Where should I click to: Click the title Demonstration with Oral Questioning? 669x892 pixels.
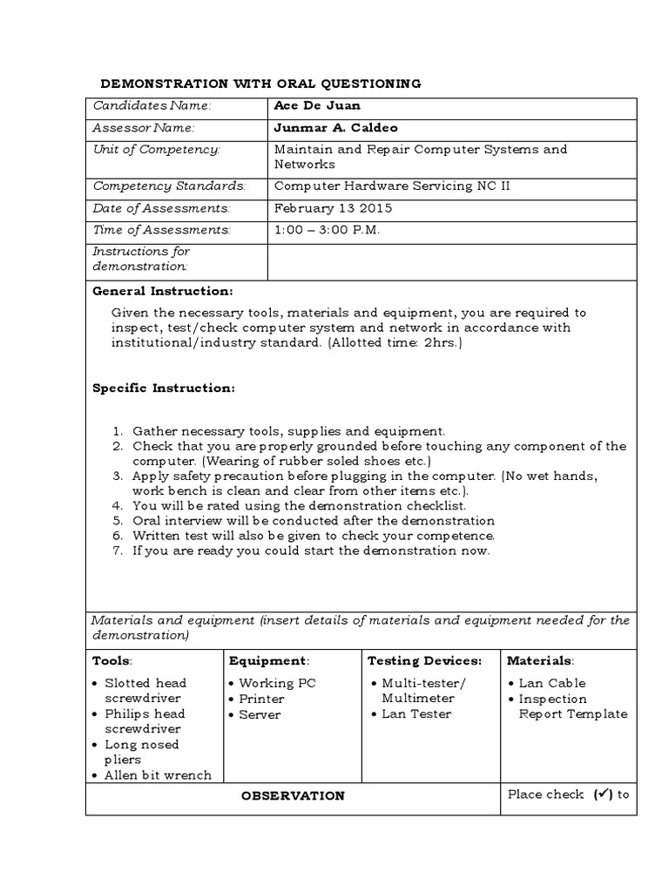(x=261, y=84)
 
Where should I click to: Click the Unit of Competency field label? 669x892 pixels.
(x=157, y=150)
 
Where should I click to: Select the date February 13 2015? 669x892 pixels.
(x=333, y=208)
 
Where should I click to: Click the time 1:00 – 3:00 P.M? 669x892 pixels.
(x=327, y=230)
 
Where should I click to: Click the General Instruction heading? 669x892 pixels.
(x=163, y=291)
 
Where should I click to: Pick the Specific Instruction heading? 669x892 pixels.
(x=164, y=389)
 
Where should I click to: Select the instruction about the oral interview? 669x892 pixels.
(x=314, y=520)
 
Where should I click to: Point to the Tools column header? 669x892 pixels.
(x=111, y=661)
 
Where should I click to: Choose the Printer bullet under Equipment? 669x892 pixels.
(x=261, y=699)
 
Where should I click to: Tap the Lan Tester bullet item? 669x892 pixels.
(x=416, y=714)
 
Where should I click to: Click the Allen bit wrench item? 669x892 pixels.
(x=158, y=775)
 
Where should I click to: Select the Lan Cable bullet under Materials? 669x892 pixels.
(x=552, y=683)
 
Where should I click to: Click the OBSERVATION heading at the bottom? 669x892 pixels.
(x=293, y=796)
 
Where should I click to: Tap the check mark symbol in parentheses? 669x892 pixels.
(x=603, y=794)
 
